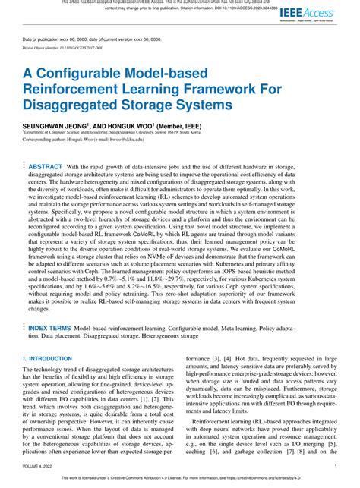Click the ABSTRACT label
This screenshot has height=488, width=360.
click(46, 166)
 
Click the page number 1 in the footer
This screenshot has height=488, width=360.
click(335, 467)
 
